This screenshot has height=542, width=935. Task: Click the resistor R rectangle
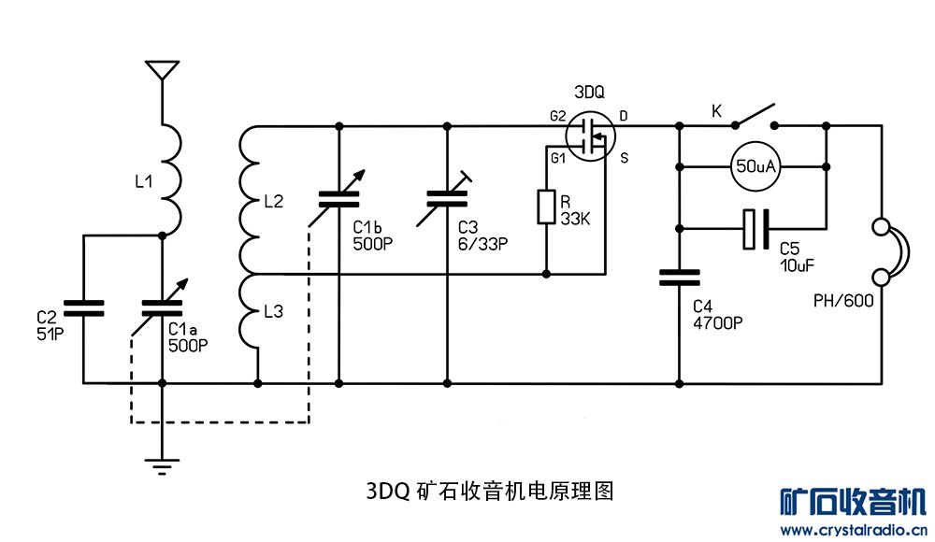pyautogui.click(x=547, y=207)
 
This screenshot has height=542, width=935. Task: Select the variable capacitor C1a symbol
pyautogui.click(x=163, y=307)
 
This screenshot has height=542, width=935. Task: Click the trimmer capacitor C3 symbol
pyautogui.click(x=447, y=197)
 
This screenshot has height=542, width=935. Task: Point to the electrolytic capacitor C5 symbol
pyautogui.click(x=755, y=230)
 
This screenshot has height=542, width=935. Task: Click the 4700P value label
pyautogui.click(x=718, y=323)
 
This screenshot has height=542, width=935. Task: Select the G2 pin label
pyautogui.click(x=557, y=116)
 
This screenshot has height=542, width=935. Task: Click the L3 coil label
pyautogui.click(x=273, y=312)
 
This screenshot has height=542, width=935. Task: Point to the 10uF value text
pyautogui.click(x=797, y=264)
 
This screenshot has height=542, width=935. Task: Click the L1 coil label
pyautogui.click(x=143, y=182)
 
